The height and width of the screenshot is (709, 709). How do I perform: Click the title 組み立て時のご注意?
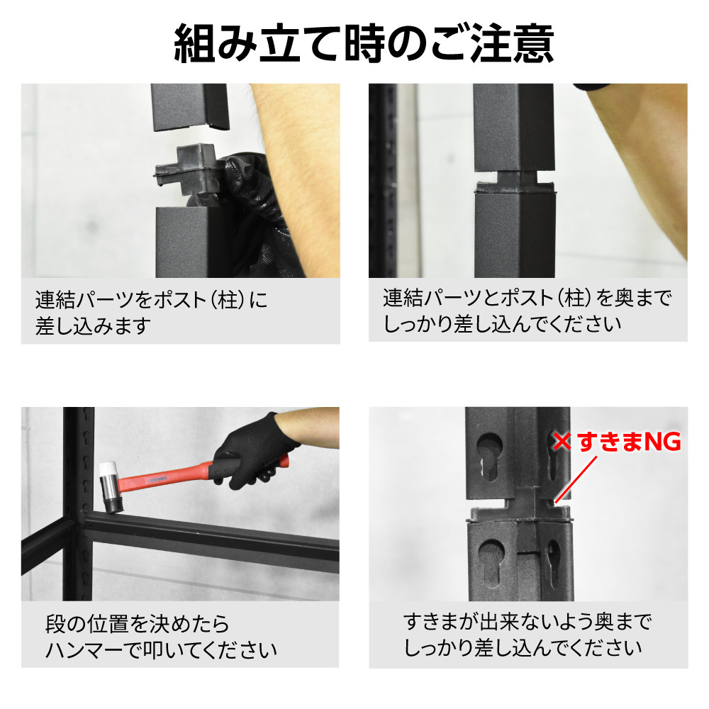point(364,44)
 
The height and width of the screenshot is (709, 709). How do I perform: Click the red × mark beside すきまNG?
point(562,441)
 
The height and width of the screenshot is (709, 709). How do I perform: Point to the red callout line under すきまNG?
point(576,479)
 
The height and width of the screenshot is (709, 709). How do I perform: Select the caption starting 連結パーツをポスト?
point(151,313)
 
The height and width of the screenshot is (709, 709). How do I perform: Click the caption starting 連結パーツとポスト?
point(527,311)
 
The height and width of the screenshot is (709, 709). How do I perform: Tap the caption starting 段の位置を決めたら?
point(161,637)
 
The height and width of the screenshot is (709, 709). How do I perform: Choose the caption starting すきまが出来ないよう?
point(527,634)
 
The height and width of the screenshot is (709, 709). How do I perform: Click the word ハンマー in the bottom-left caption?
point(84,649)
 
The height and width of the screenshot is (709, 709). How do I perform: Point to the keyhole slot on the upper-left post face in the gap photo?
point(489,456)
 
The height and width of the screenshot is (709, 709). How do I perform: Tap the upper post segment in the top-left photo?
point(189,107)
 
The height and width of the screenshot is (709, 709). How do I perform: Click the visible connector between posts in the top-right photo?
point(515,181)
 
